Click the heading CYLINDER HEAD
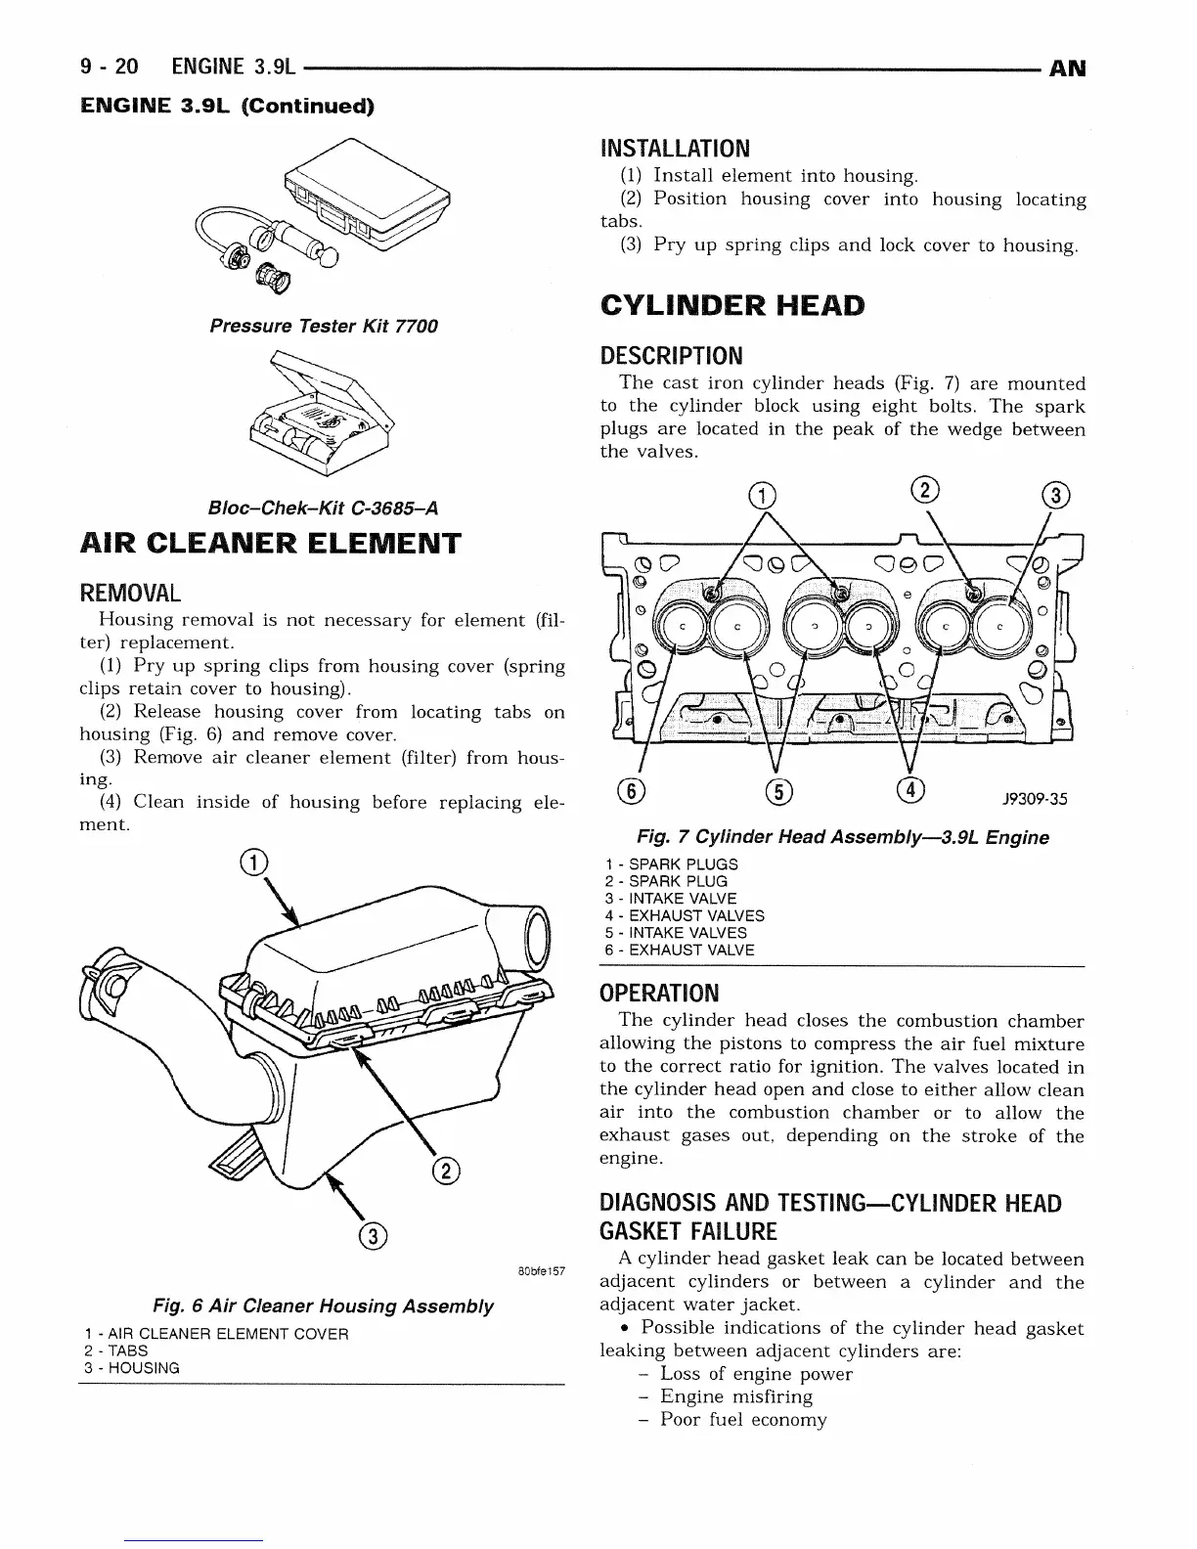[x=732, y=306]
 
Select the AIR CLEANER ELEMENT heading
[x=270, y=544]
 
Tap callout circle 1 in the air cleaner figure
[x=252, y=863]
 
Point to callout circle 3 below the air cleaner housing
[x=373, y=1236]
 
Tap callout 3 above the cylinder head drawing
[x=1056, y=495]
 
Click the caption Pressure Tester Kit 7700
[x=324, y=326]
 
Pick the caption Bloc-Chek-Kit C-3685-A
[x=323, y=509]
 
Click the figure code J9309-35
[x=1035, y=799]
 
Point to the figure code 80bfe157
[x=539, y=1271]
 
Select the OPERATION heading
[x=658, y=994]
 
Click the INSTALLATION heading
[x=675, y=149]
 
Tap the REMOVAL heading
[x=130, y=594]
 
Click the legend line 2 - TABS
[x=116, y=1350]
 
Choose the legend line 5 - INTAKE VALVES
[x=676, y=933]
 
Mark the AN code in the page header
[x=1067, y=68]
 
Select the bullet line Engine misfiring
[x=735, y=1396]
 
